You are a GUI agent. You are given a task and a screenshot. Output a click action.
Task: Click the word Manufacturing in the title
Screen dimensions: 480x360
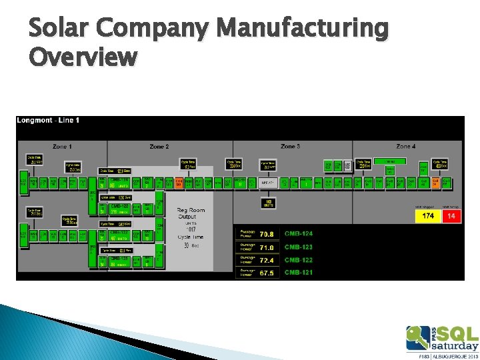(x=303, y=29)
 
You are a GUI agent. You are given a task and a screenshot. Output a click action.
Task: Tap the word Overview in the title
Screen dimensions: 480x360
(x=83, y=58)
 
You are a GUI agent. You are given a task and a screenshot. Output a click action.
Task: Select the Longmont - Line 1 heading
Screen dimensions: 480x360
(x=48, y=120)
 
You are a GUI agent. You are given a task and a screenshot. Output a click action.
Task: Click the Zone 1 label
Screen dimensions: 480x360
(x=61, y=147)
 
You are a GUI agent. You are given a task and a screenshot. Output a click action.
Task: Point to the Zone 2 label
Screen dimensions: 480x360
(x=159, y=147)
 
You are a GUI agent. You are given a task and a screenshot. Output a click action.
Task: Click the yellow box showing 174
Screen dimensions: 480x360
(x=428, y=216)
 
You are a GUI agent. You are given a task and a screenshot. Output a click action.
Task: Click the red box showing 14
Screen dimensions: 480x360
(x=451, y=216)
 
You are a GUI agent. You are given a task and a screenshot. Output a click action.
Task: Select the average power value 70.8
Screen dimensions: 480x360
(x=267, y=234)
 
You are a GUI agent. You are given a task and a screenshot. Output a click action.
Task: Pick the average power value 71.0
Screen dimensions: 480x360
(x=267, y=247)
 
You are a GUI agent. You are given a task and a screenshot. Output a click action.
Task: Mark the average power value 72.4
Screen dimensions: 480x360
(x=267, y=260)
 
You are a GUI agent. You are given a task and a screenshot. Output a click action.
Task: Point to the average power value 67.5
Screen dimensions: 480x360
(x=267, y=273)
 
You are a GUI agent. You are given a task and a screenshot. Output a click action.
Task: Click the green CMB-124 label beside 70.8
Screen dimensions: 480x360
(x=299, y=234)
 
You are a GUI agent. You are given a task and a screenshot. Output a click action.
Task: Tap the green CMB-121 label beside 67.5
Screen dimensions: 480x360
(x=299, y=273)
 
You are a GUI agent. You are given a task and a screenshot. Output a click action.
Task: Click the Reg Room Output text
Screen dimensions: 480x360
(x=191, y=214)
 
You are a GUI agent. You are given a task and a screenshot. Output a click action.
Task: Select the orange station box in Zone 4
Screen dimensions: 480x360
(x=435, y=181)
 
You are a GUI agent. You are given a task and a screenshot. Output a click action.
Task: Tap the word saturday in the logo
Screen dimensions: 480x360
(x=454, y=346)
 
